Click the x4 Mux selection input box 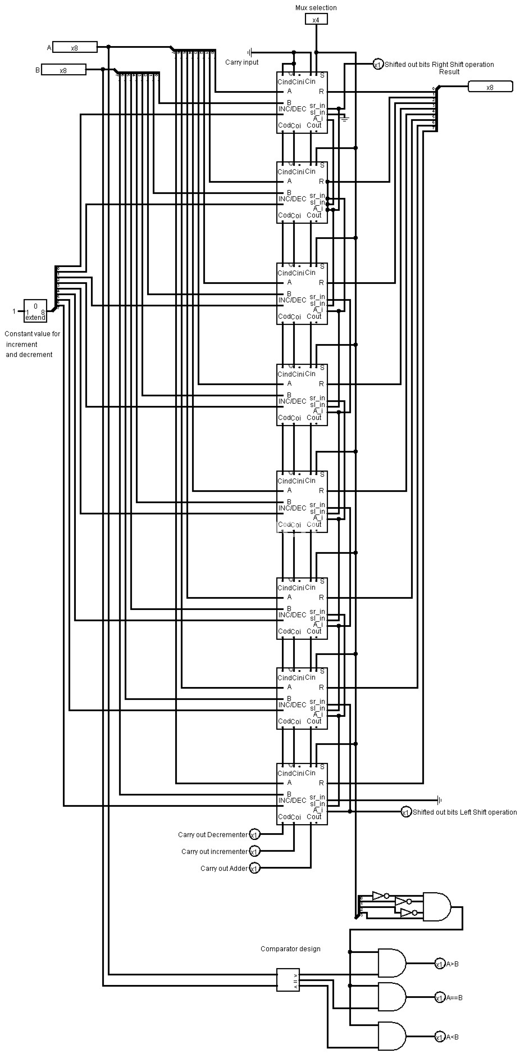[316, 19]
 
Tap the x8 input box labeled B [64, 70]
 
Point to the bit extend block [35, 311]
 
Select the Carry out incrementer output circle [255, 852]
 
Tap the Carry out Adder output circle [255, 868]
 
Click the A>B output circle [440, 964]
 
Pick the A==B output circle [440, 998]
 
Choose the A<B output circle [440, 1037]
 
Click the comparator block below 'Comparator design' [288, 980]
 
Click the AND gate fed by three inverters [436, 907]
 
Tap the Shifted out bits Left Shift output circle [406, 812]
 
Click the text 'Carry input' [242, 62]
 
